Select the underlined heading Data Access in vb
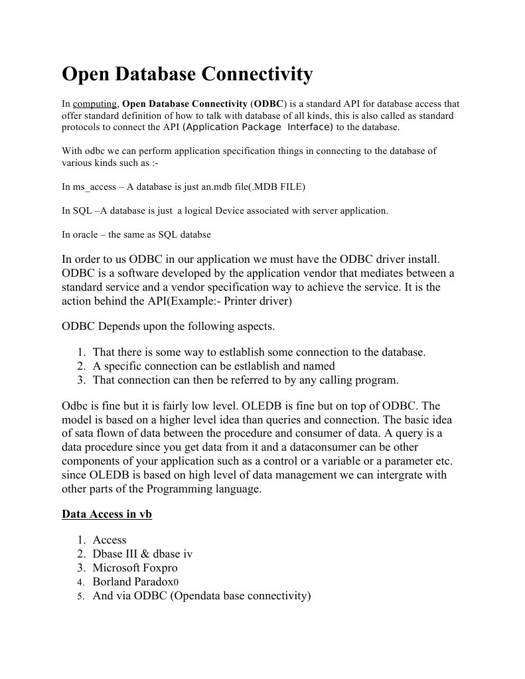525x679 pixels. pos(107,514)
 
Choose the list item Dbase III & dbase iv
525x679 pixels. pos(143,554)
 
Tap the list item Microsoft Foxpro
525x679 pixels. pos(135,567)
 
